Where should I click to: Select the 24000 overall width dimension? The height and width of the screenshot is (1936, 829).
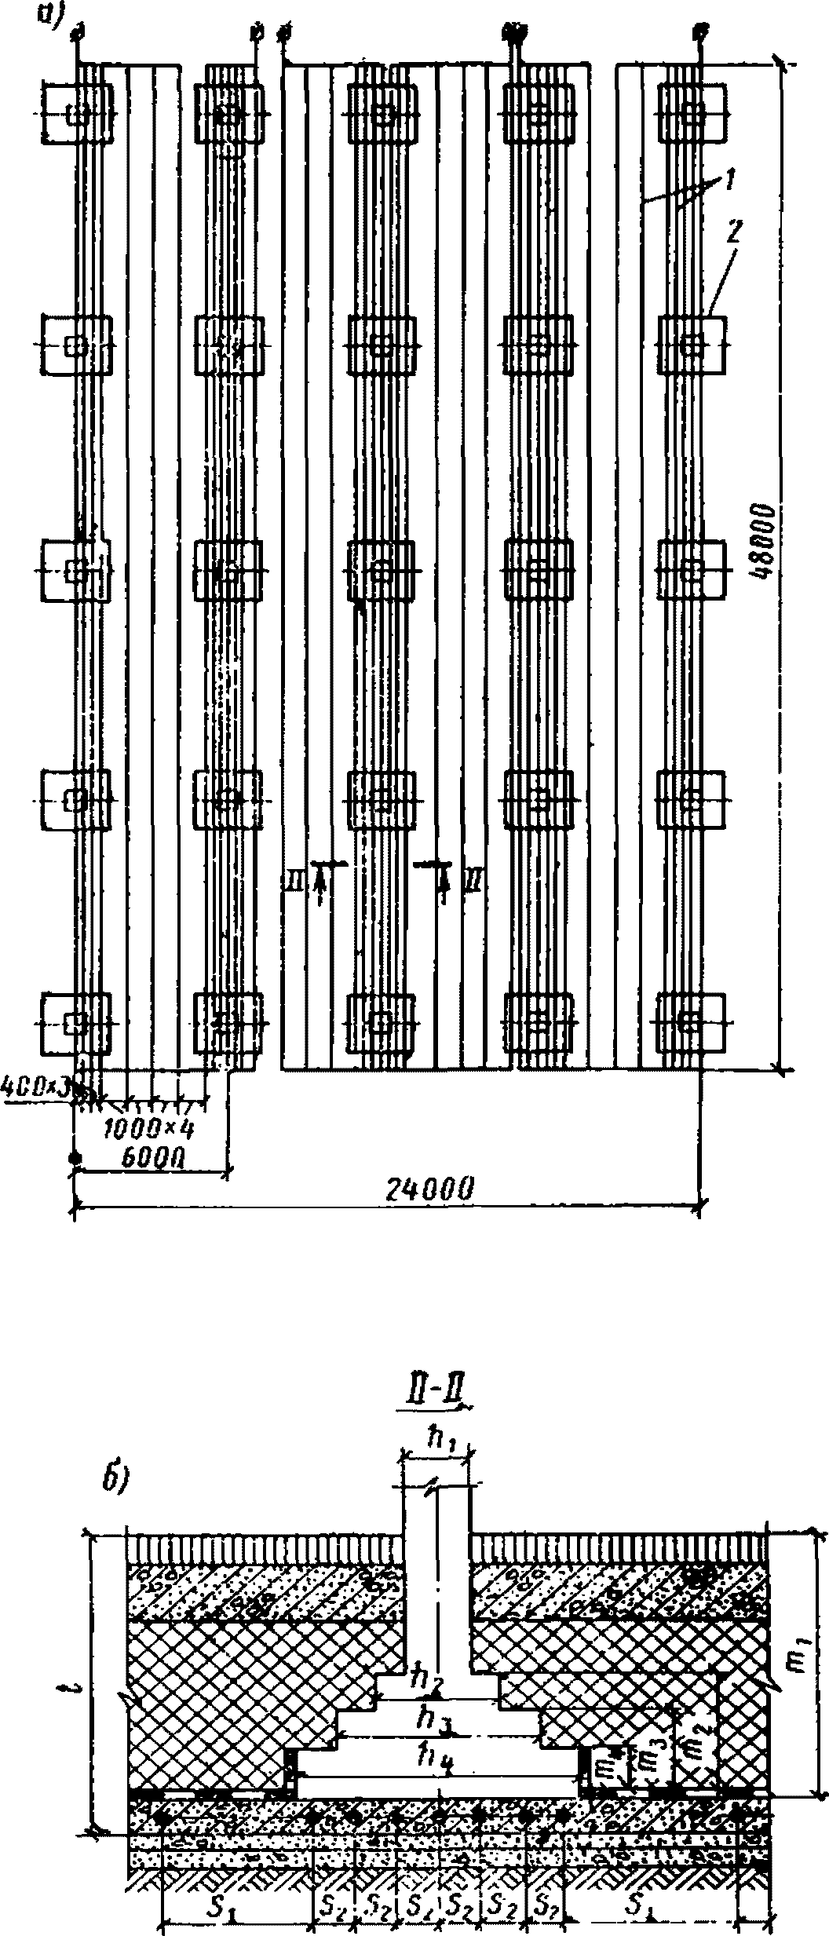click(429, 1189)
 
